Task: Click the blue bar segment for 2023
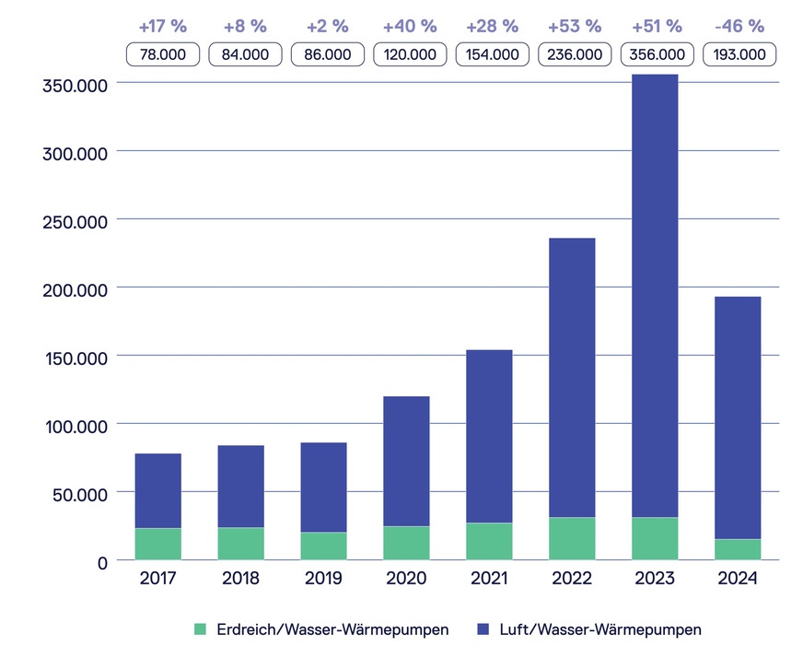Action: [655, 295]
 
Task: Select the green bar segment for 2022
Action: [572, 538]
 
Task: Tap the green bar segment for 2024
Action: [738, 549]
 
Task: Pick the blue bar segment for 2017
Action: [157, 490]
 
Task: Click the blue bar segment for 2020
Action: [406, 461]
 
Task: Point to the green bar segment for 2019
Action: [323, 546]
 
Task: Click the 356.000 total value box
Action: [655, 54]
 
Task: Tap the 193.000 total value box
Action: [739, 54]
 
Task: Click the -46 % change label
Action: [739, 26]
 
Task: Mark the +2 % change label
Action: [324, 26]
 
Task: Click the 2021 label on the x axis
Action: [489, 579]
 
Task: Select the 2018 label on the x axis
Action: [240, 579]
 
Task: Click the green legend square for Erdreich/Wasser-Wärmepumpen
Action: [201, 629]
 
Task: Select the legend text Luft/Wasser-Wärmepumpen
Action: [600, 629]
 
